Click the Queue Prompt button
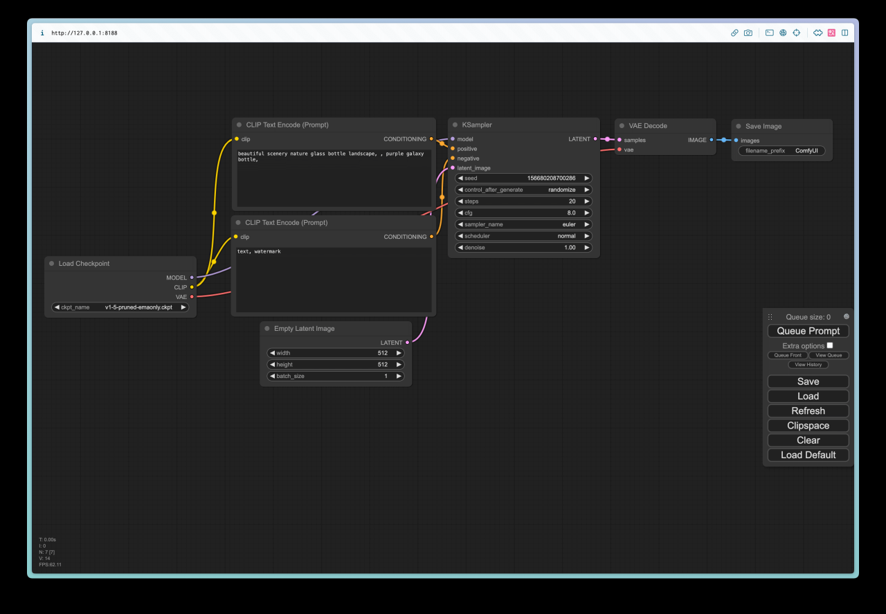click(808, 331)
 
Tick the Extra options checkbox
click(830, 345)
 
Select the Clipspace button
click(808, 425)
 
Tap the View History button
click(808, 364)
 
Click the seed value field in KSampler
click(523, 178)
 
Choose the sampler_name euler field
click(523, 224)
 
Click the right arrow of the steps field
click(586, 201)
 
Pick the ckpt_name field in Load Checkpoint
click(120, 307)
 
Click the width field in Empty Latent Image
click(336, 353)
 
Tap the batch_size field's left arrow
click(272, 376)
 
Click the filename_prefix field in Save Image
click(781, 151)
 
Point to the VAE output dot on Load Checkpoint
click(192, 297)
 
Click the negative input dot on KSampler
click(453, 159)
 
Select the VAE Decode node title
click(647, 126)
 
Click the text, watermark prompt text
click(259, 251)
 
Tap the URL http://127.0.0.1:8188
click(84, 33)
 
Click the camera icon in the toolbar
click(748, 33)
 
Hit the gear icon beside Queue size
click(846, 316)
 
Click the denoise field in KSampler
click(523, 248)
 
